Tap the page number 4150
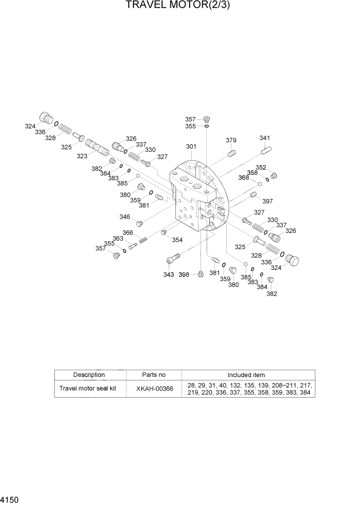(x=12, y=499)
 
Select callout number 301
(x=191, y=147)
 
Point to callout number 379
(x=231, y=141)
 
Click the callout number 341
(x=265, y=138)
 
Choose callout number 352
(x=261, y=167)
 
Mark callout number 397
(x=267, y=201)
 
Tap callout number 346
(x=125, y=217)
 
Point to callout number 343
(x=169, y=275)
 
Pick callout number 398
(x=184, y=275)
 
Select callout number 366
(x=128, y=232)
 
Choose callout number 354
(x=177, y=240)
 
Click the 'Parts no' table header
(x=154, y=375)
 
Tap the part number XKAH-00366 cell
(x=154, y=388)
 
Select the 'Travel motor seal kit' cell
(x=88, y=388)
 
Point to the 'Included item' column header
(x=246, y=375)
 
